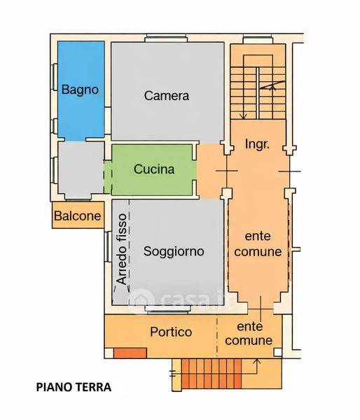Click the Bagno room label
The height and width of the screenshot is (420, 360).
coord(80,90)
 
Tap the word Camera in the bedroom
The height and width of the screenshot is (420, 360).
coord(167,96)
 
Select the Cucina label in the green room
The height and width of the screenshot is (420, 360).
coord(154,169)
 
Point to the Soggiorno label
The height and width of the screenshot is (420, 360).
coord(174,251)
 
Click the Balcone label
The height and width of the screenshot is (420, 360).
coord(78,216)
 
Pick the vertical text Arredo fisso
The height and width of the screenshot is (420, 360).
coord(121,249)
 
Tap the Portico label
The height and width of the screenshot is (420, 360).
coord(171,332)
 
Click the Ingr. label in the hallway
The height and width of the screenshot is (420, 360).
coord(257,145)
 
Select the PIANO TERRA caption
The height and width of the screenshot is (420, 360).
coord(74,387)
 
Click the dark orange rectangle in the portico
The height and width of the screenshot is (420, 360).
coord(130,353)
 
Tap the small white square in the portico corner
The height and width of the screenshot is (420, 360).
coord(278,352)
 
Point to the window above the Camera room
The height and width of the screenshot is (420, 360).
coord(166,38)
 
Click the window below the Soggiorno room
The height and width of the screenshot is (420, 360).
coord(168,309)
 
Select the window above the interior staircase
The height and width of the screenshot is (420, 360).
coord(258,39)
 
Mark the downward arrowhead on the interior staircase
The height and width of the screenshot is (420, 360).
coord(244,116)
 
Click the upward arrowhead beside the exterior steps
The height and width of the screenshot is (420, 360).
coord(257,362)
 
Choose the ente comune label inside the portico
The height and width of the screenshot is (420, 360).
coord(249,334)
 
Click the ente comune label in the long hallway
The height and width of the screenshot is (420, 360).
coord(258,244)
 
